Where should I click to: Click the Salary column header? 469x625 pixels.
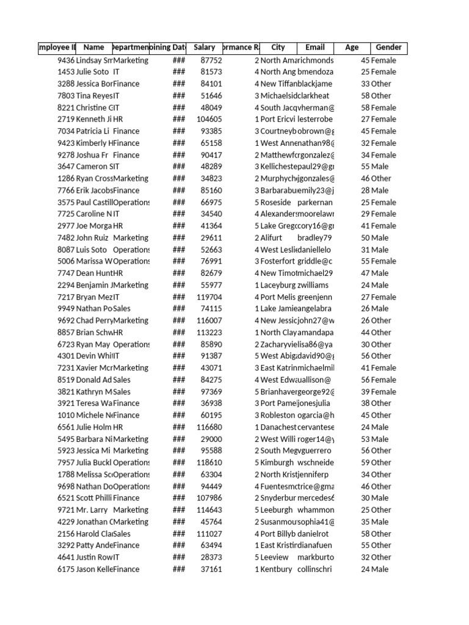pyautogui.click(x=204, y=48)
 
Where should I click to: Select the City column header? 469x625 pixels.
pyautogui.click(x=278, y=48)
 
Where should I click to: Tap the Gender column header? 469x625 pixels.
pyautogui.click(x=388, y=48)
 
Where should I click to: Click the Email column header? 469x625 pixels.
pyautogui.click(x=314, y=48)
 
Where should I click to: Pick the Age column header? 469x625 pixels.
pyautogui.click(x=352, y=48)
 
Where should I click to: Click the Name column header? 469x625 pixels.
pyautogui.click(x=93, y=48)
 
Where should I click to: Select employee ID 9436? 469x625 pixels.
pyautogui.click(x=65, y=60)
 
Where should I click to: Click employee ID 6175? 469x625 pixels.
pyautogui.click(x=65, y=569)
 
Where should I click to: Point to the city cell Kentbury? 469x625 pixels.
pyautogui.click(x=276, y=569)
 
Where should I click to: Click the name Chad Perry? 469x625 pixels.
pyautogui.click(x=94, y=320)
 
